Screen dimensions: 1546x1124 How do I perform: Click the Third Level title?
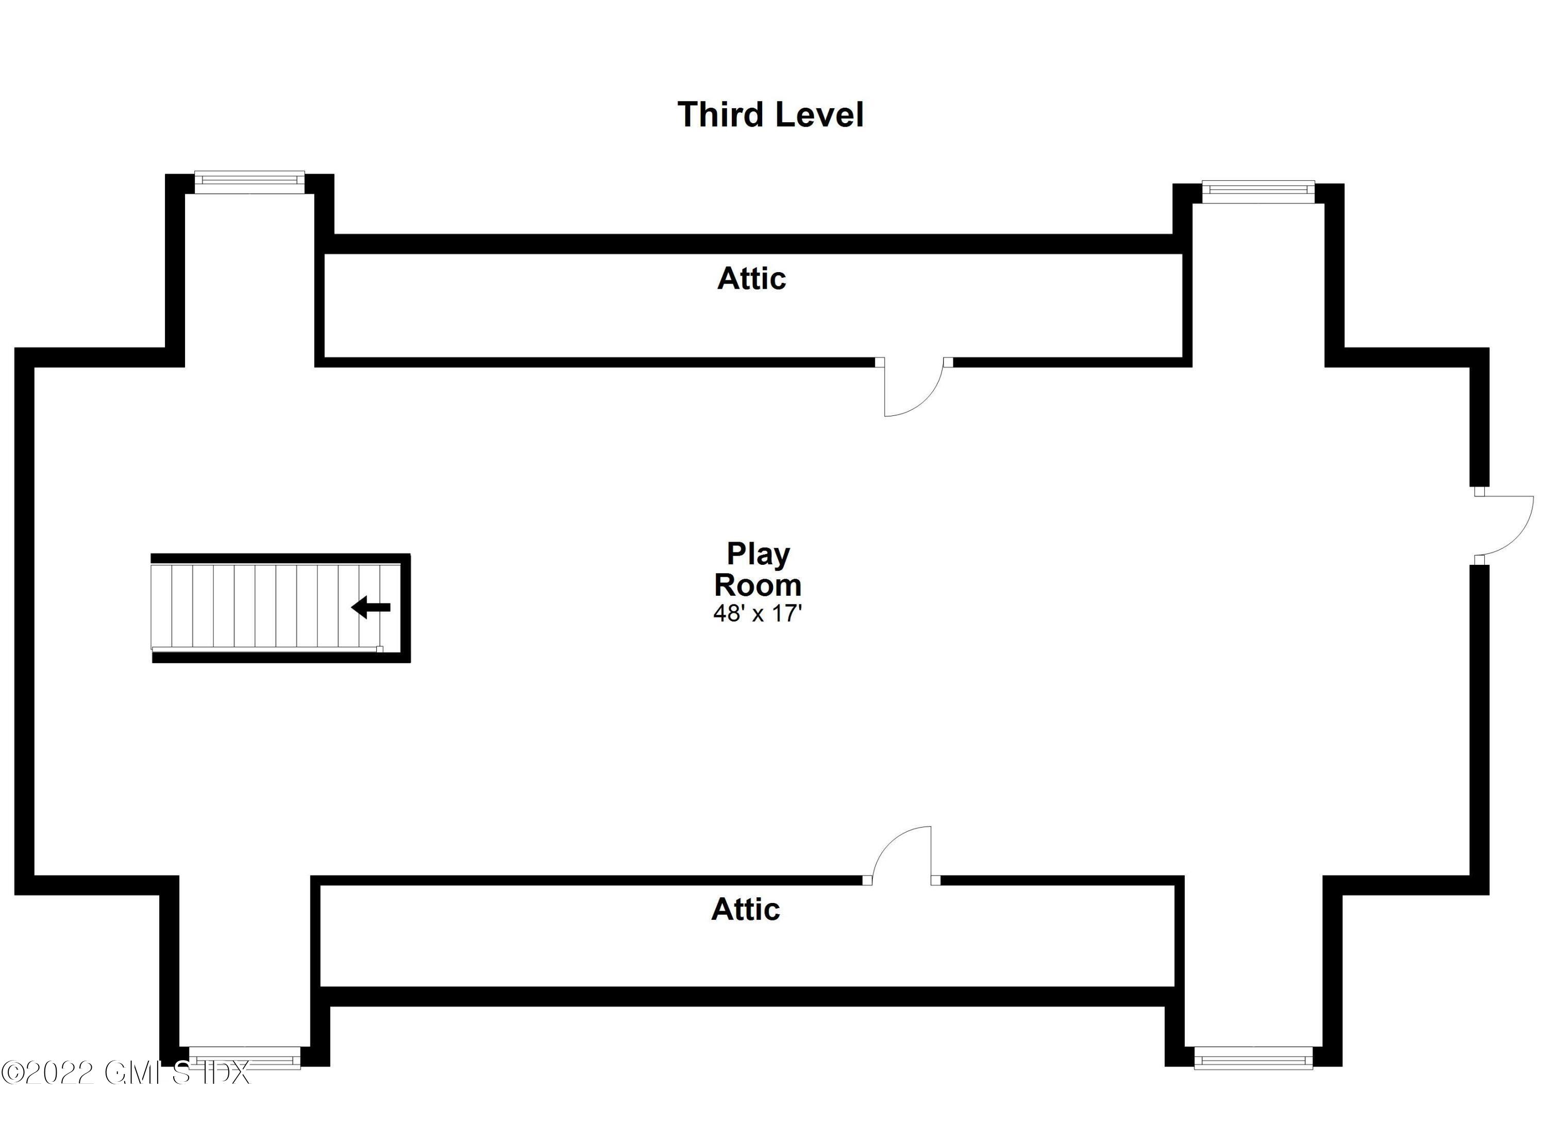tap(770, 114)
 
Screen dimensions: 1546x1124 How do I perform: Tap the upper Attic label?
tap(751, 279)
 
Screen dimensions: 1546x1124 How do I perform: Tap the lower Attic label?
tap(745, 909)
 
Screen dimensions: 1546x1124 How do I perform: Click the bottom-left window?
tap(244, 1057)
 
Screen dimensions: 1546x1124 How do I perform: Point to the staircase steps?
tap(275, 605)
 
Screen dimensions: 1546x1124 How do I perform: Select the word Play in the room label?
tap(758, 554)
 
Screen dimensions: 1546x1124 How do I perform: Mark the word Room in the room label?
tap(758, 585)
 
